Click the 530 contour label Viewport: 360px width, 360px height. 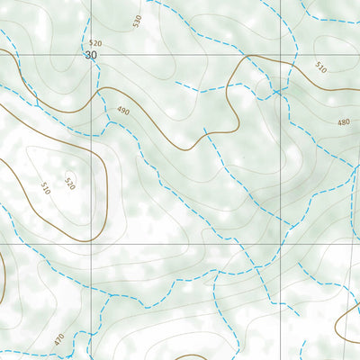(x=138, y=21)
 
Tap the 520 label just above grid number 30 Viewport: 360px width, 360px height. (x=95, y=43)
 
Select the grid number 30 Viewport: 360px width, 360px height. (x=90, y=56)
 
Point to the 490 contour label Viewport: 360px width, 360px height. (x=122, y=111)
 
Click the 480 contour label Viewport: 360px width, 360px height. (x=343, y=122)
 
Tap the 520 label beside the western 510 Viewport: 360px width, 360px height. (x=69, y=184)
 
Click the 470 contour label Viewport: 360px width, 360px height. (x=58, y=340)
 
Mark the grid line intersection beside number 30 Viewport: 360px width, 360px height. (x=91, y=56)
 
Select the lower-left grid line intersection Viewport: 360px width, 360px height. (x=91, y=243)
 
